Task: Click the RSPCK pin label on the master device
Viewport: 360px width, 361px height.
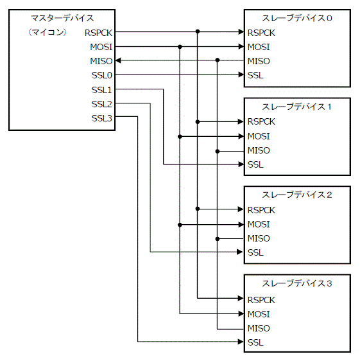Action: (98, 31)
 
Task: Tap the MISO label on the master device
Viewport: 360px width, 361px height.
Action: (101, 61)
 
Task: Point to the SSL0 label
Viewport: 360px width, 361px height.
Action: (101, 75)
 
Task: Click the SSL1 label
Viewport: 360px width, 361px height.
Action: (101, 89)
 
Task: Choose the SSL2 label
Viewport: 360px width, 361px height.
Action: (101, 103)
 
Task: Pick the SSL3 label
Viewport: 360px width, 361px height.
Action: (101, 118)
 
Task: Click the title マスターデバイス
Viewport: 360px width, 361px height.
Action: (61, 18)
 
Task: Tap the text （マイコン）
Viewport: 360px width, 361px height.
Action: (48, 31)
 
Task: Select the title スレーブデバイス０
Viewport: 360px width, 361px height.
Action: (297, 18)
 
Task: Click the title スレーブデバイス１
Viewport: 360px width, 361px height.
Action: (297, 107)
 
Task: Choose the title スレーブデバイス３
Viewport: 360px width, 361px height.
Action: (297, 283)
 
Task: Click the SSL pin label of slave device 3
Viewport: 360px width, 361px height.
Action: (255, 342)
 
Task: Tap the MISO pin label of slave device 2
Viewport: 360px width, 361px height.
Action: (259, 238)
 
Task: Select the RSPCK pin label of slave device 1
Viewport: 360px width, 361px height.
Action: (261, 121)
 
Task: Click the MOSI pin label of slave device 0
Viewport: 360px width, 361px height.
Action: (259, 46)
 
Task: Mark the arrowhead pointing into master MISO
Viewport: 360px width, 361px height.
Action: (119, 61)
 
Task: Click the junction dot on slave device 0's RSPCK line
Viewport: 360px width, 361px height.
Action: (198, 31)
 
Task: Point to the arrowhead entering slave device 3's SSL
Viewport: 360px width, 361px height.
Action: (241, 342)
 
